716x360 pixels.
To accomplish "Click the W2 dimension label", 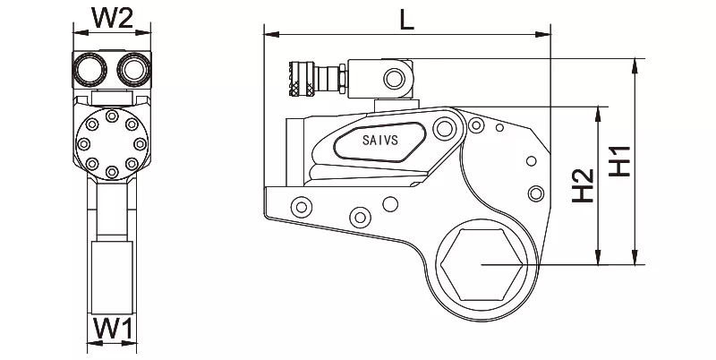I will tap(114, 15).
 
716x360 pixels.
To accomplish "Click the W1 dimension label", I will tap(114, 328).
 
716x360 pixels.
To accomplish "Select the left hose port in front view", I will tap(90, 66).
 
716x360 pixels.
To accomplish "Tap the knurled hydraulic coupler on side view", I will tap(300, 77).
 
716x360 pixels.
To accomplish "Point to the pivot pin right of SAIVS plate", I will tap(441, 131).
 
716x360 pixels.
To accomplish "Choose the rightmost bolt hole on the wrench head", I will tap(535, 193).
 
